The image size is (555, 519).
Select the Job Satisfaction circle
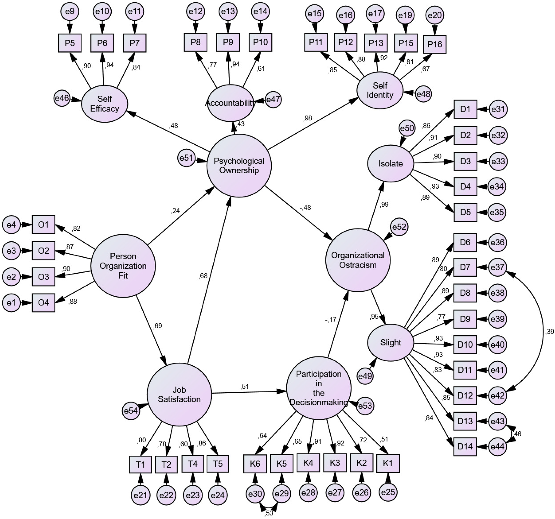coord(179,394)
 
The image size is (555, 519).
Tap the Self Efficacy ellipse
coord(105,104)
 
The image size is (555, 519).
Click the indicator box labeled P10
coord(260,42)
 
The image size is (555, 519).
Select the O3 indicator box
coord(43,277)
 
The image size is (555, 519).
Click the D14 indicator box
coord(465,446)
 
